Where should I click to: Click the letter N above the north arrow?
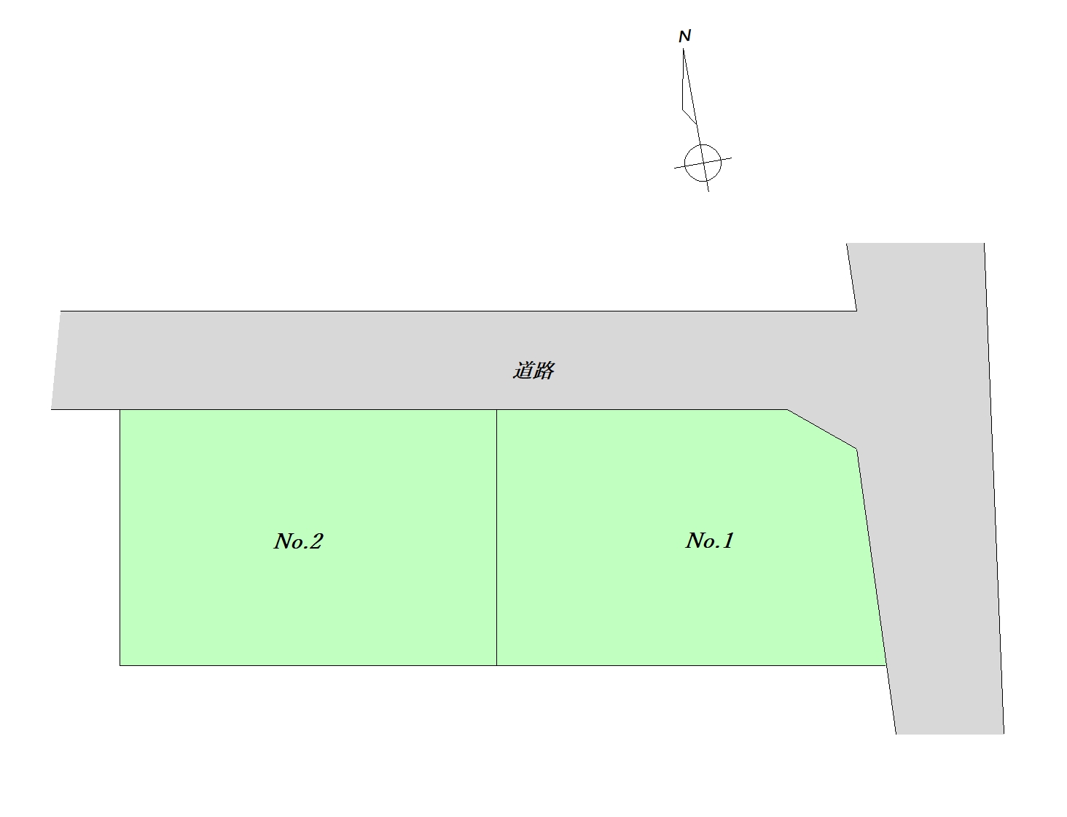click(684, 36)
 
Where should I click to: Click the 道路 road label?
click(533, 371)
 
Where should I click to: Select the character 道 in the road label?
click(523, 371)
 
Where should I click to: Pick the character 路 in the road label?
click(544, 371)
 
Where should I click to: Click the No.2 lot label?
click(298, 541)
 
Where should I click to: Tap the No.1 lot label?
click(709, 541)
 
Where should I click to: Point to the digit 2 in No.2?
click(316, 541)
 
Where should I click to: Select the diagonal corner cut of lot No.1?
click(822, 429)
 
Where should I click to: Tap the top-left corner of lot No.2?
click(120, 410)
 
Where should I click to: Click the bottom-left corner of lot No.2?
click(120, 665)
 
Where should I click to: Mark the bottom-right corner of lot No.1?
click(886, 665)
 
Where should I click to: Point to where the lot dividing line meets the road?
click(496, 410)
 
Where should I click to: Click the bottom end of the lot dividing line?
click(496, 665)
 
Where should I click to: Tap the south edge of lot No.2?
click(306, 665)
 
